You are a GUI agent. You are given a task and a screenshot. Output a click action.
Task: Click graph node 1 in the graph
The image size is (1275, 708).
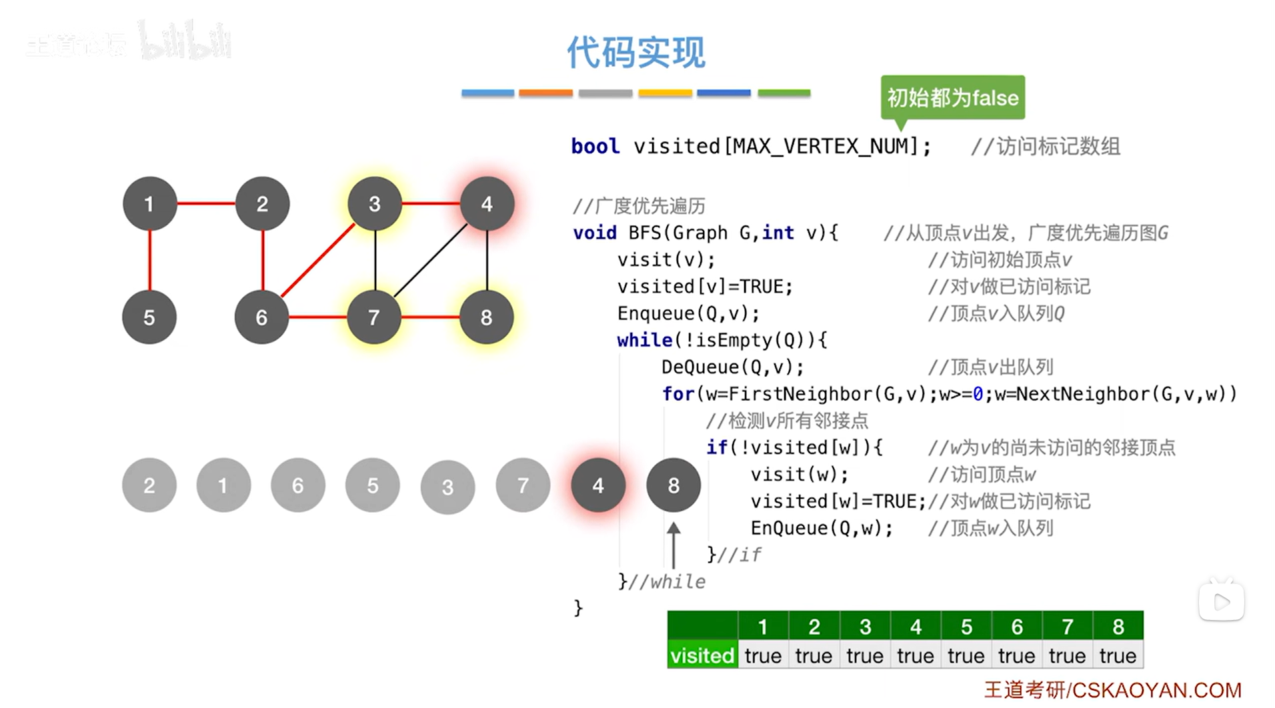tap(149, 203)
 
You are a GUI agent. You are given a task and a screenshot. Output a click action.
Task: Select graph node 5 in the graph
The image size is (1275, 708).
tap(149, 317)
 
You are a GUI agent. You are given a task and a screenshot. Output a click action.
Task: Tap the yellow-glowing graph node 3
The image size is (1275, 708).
tap(375, 203)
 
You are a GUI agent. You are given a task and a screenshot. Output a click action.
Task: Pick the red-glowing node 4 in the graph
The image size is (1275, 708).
tap(487, 203)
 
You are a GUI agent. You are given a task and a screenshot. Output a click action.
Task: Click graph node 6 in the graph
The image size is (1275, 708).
tap(261, 317)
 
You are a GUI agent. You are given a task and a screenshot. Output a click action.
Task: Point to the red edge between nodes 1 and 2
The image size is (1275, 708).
tap(205, 203)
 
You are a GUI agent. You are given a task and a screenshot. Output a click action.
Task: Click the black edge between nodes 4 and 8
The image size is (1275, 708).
tap(487, 260)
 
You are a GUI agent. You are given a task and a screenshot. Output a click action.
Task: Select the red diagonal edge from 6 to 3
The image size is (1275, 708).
tap(318, 260)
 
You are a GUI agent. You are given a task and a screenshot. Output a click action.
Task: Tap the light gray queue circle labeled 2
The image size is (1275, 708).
tap(149, 485)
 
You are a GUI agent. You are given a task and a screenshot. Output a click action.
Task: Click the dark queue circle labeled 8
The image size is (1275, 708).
tap(674, 485)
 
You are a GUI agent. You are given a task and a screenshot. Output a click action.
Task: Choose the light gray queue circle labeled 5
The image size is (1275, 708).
tap(373, 485)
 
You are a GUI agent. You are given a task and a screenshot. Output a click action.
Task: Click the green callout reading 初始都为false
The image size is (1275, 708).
tap(952, 98)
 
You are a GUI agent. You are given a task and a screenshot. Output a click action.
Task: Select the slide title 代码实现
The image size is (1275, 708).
tap(635, 52)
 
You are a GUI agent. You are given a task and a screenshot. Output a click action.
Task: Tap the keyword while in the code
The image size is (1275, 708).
tap(644, 341)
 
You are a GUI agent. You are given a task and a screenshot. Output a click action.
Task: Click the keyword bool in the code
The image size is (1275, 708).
tap(595, 146)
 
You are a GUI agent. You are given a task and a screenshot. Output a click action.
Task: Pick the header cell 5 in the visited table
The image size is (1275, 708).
tap(966, 627)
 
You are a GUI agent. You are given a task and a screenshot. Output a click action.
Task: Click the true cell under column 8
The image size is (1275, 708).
tap(1118, 656)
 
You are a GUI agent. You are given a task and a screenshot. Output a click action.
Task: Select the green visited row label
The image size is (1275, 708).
tap(702, 656)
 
